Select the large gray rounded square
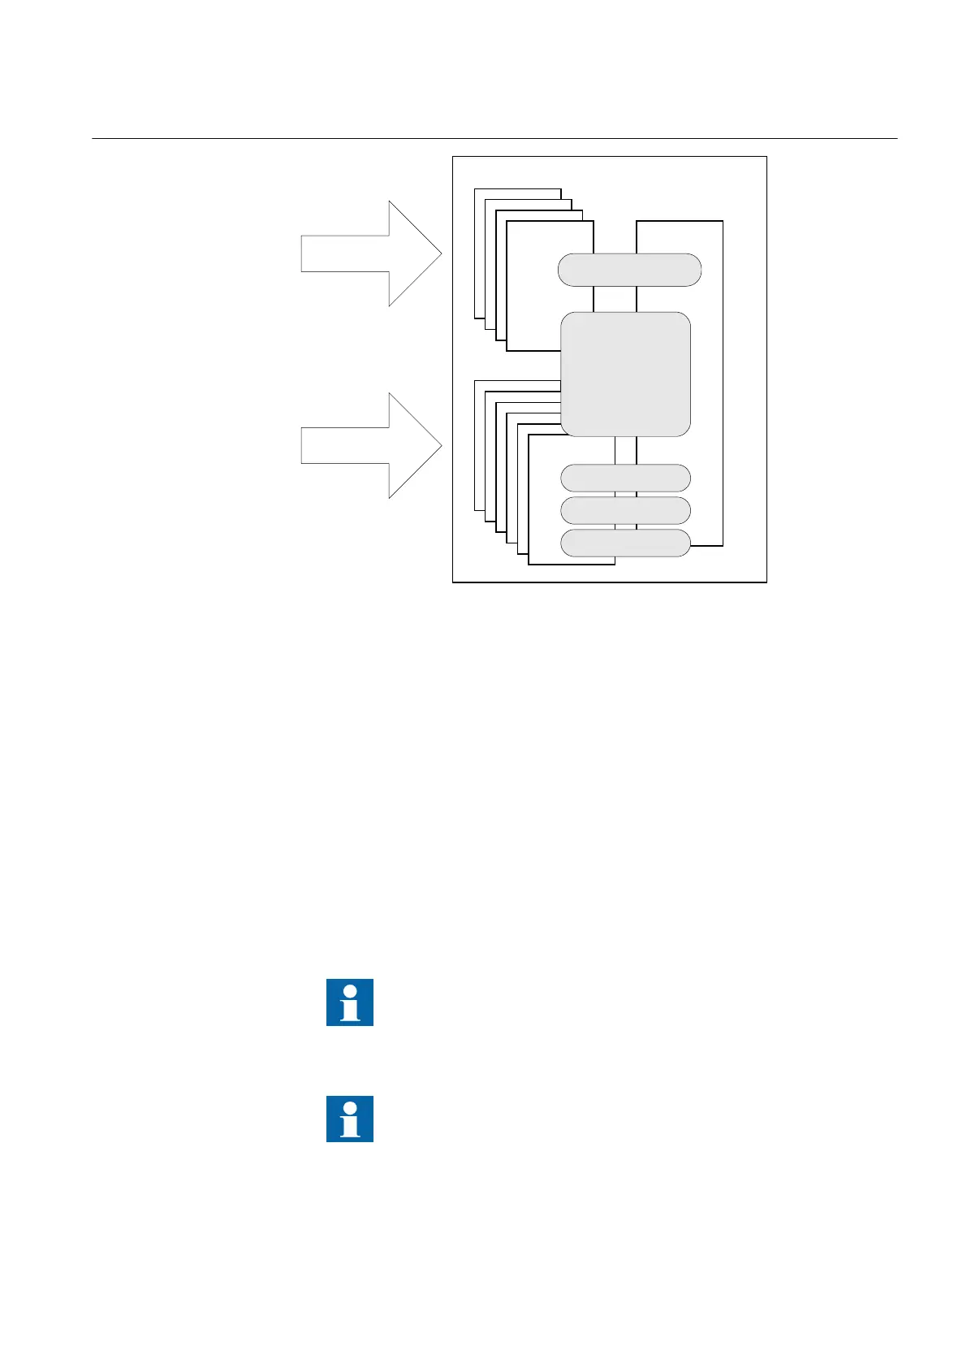(x=625, y=374)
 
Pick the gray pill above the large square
(x=629, y=270)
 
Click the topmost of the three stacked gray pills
(x=625, y=478)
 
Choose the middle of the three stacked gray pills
(x=625, y=510)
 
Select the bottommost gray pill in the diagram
(x=625, y=543)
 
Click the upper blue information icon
(x=350, y=1002)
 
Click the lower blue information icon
(x=350, y=1119)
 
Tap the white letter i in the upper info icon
(x=350, y=1003)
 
